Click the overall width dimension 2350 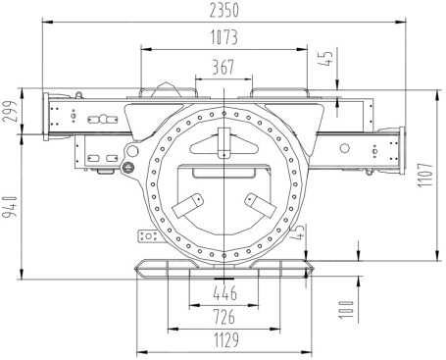(224, 10)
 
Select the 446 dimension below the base (224, 293)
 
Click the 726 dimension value (224, 318)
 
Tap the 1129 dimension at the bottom (224, 340)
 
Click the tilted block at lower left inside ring (187, 207)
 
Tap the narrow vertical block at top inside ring (224, 141)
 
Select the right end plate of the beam (400, 149)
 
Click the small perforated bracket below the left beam (148, 236)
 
